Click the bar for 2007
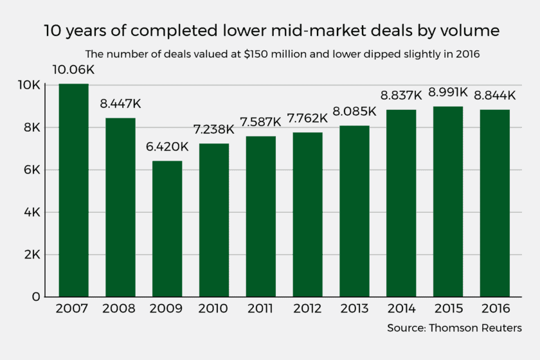74,190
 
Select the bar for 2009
167,229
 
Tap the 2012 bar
307,215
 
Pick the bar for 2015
448,201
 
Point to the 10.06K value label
73,70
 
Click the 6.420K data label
167,147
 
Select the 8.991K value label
448,93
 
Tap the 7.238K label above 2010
213,129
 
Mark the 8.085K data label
354,112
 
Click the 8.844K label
495,95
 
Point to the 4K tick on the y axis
32,213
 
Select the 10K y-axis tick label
29,85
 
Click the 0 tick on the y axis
36,297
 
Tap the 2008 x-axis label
119,309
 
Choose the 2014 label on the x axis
401,309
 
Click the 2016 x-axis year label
495,309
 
